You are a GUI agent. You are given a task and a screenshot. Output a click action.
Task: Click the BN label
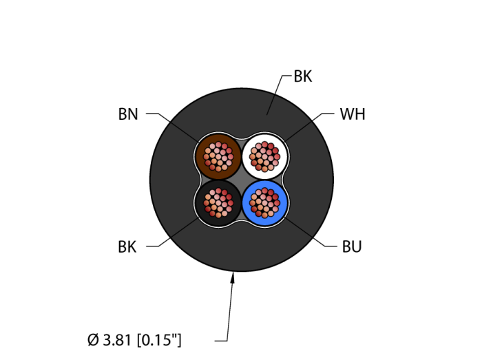click(128, 114)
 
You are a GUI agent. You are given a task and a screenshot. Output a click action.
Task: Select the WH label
click(353, 114)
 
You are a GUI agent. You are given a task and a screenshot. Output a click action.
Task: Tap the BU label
click(352, 246)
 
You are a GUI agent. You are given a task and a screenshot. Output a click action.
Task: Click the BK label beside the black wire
click(127, 246)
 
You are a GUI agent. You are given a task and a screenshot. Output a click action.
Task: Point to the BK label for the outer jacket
click(303, 76)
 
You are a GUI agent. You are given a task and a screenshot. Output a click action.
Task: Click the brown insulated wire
click(218, 157)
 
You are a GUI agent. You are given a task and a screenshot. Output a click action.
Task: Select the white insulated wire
click(264, 157)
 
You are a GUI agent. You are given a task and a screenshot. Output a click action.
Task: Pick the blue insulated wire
click(264, 203)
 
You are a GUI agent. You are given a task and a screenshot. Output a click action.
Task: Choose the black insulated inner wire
click(218, 203)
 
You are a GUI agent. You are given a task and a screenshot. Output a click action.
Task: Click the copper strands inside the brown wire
click(218, 157)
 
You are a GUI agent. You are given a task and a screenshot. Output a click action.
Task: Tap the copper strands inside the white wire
click(264, 157)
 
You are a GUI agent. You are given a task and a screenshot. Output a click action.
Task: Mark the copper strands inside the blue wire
click(264, 203)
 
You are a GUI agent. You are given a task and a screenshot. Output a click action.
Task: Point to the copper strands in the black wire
click(218, 203)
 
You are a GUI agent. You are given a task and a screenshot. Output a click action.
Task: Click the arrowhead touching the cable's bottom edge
click(233, 277)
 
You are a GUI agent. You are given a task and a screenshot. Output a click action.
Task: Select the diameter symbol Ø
click(93, 340)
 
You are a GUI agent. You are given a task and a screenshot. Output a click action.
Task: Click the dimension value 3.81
click(117, 340)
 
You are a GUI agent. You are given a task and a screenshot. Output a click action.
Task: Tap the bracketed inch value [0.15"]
click(159, 340)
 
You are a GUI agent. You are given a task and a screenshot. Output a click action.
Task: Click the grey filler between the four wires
click(242, 180)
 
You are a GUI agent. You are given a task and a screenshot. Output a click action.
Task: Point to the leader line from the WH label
click(309, 128)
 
